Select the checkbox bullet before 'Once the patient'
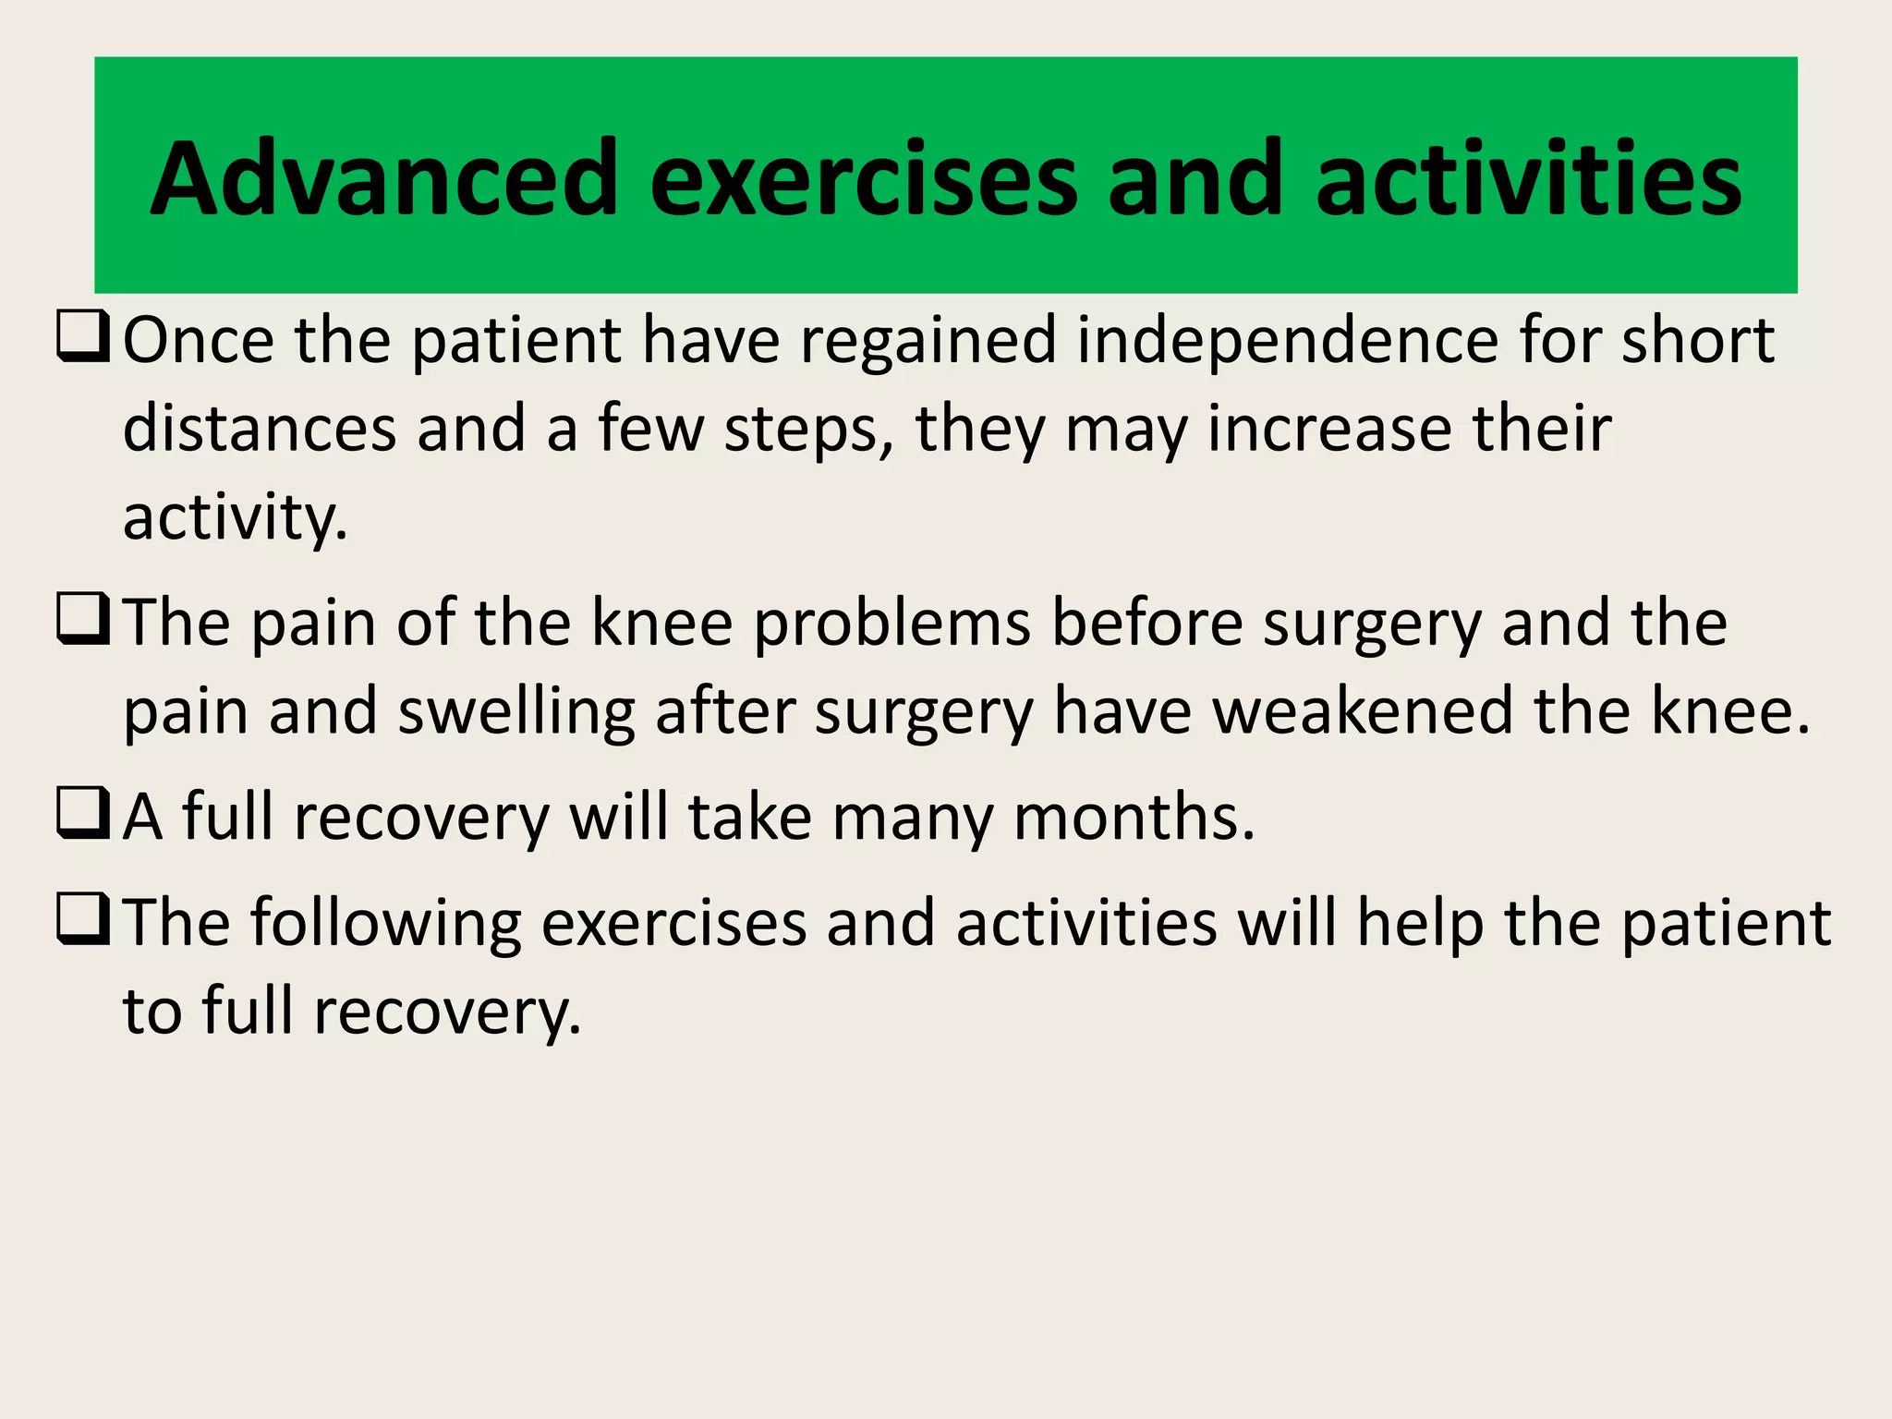click(x=83, y=337)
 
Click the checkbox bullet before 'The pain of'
click(x=83, y=620)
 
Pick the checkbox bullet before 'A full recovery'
click(x=83, y=814)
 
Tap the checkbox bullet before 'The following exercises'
click(x=83, y=920)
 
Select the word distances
click(x=260, y=429)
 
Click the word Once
click(x=199, y=340)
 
